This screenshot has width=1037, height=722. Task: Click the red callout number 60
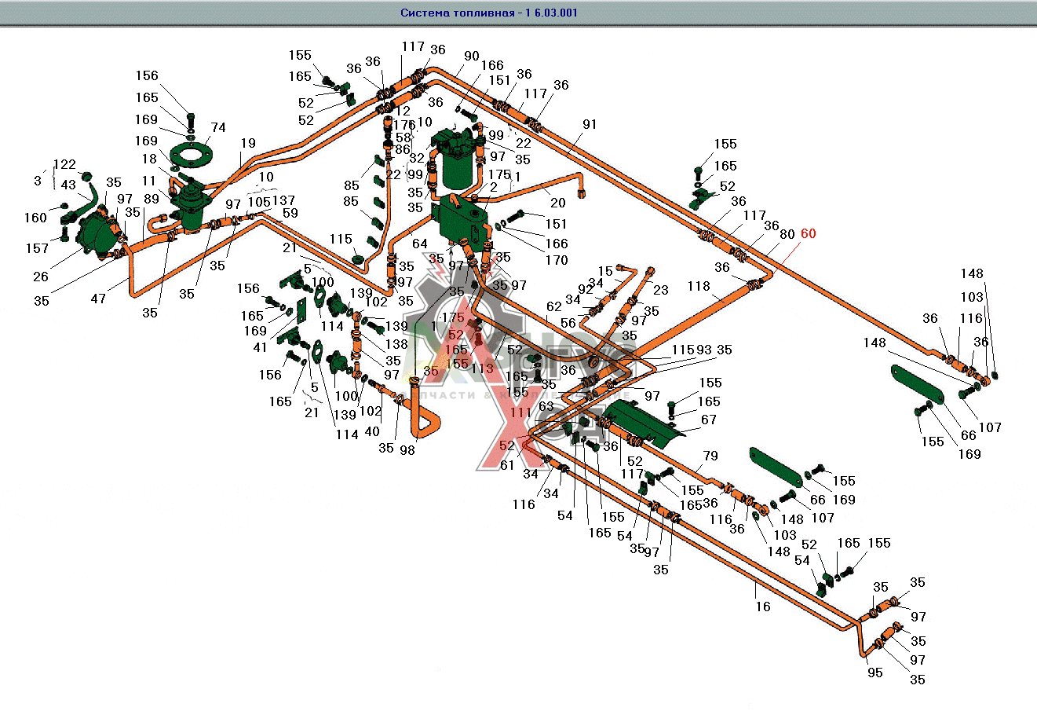coord(808,233)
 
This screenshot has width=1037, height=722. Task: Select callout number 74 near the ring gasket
coord(218,128)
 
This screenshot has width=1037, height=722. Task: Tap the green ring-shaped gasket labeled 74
coord(191,152)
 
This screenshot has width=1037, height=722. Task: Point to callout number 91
coord(590,124)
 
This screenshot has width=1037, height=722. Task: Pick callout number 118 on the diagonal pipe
coord(699,287)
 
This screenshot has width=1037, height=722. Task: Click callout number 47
coord(98,299)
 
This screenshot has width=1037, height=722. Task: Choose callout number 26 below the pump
coord(41,276)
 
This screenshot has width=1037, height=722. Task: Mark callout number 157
coord(37,248)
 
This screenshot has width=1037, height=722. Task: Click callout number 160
coord(35,218)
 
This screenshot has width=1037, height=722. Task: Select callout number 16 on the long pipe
coord(763,607)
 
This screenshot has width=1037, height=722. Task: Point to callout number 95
coord(875,673)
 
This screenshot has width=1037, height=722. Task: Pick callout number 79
coord(710,456)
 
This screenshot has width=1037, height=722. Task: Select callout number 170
coord(557,261)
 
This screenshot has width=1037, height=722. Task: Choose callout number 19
coord(248,143)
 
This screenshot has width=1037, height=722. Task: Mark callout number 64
coord(419,244)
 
